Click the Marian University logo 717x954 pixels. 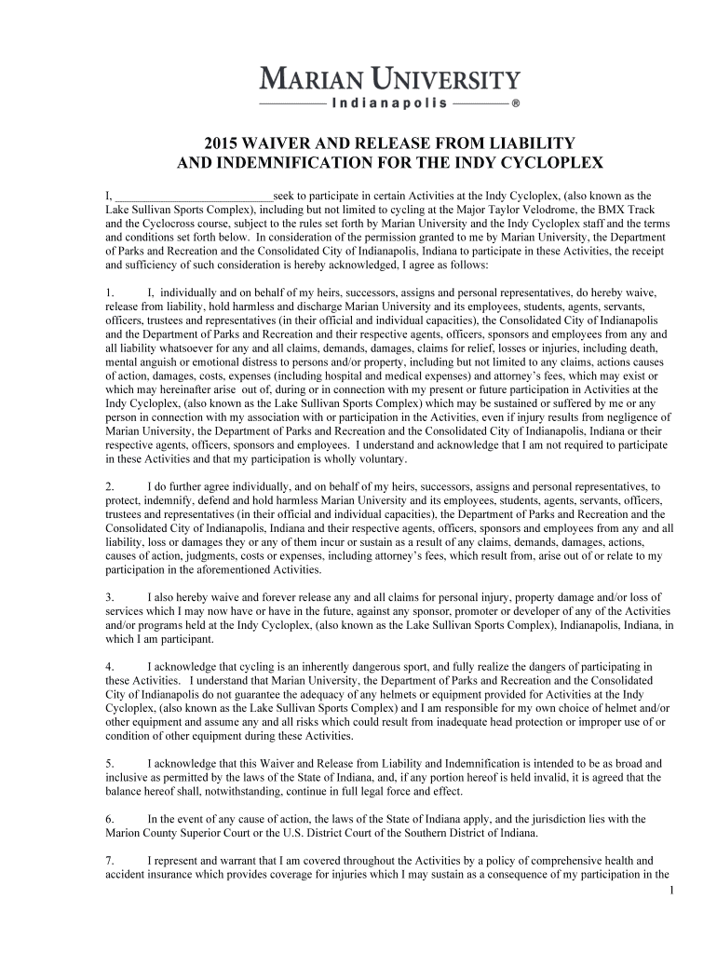coord(388,77)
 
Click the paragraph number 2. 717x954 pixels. coord(110,486)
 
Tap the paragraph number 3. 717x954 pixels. coord(110,595)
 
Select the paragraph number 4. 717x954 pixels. coord(110,666)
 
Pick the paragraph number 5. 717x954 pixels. coord(110,763)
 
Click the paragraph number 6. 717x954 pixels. coord(110,819)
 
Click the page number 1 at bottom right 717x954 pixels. coord(671,891)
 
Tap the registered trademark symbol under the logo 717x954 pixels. coord(515,103)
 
